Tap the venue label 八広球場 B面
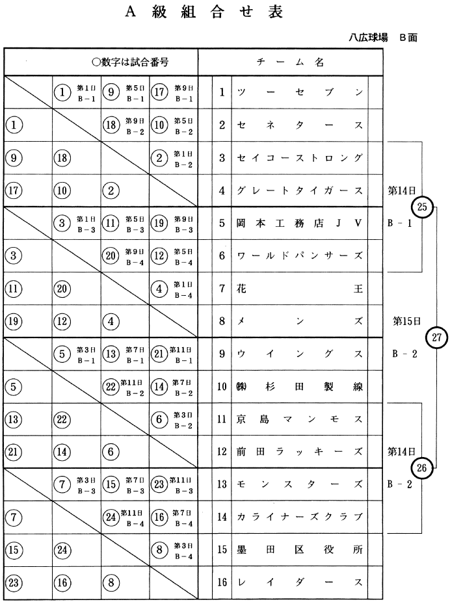coord(382,38)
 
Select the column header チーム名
coord(290,62)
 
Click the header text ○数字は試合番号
coord(130,62)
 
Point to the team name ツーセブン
coord(300,92)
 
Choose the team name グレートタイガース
coord(300,190)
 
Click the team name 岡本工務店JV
coord(300,223)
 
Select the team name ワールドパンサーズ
coord(300,255)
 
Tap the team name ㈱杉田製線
coord(300,386)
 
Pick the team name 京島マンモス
coord(300,419)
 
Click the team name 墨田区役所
coord(300,549)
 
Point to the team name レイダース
coord(300,582)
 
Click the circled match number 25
coord(422,207)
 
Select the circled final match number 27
coord(436,337)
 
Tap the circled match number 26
coord(422,467)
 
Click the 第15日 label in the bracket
coord(407,321)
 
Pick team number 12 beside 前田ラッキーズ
coord(222,452)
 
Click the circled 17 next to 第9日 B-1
coord(160,92)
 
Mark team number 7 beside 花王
coord(222,288)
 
